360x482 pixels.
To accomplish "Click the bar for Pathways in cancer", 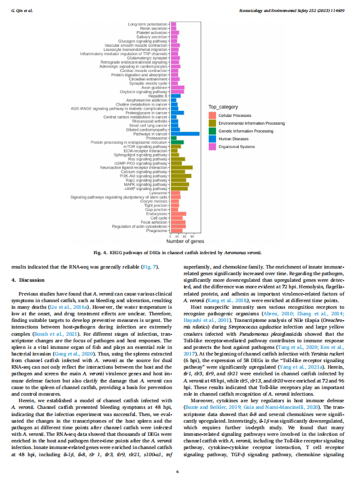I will pos(185,134).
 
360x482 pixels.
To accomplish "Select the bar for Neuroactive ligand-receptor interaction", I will pos(182,167).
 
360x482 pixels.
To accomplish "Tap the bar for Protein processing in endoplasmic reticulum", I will pos(177,142).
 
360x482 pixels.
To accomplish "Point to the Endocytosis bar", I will pos(179,213).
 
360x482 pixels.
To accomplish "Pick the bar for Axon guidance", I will pos(178,87).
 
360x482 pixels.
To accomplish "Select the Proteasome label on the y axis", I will pos(157,138).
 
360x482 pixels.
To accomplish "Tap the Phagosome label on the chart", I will pos(157,230).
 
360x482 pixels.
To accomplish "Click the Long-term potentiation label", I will pos(148,24).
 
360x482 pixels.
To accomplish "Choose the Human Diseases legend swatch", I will pos(212,138).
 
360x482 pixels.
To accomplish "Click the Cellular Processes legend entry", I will pos(235,114).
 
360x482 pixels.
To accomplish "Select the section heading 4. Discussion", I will pos(29,280).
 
